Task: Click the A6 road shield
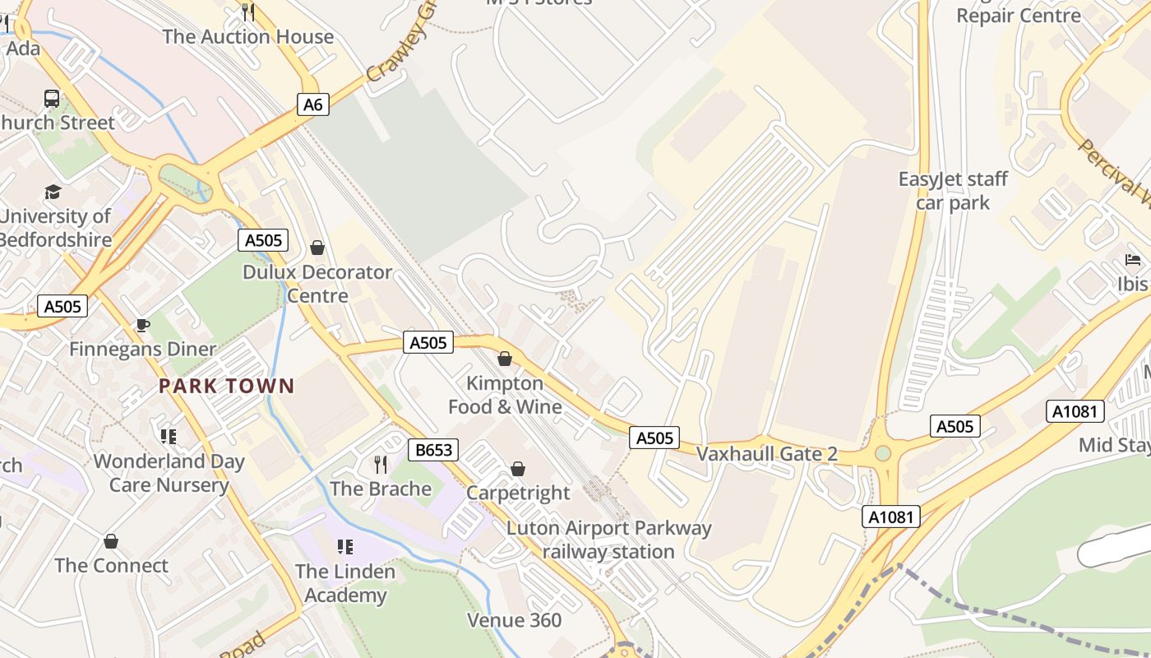[x=313, y=104]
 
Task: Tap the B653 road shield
[x=433, y=450]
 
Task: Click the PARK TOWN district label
[x=226, y=386]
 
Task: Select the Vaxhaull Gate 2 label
[x=766, y=454]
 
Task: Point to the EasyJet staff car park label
[x=953, y=191]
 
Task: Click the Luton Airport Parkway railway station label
[x=608, y=540]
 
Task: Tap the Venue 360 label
[x=515, y=620]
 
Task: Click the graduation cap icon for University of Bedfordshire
[x=53, y=192]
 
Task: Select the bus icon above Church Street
[x=52, y=99]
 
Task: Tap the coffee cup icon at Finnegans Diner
[x=142, y=326]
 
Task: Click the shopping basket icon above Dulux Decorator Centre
[x=317, y=248]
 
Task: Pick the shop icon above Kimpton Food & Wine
[x=505, y=359]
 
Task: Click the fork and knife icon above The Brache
[x=381, y=465]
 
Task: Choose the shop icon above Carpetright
[x=518, y=469]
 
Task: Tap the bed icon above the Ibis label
[x=1133, y=261]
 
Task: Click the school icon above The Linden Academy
[x=345, y=547]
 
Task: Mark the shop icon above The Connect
[x=111, y=541]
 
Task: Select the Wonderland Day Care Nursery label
[x=169, y=473]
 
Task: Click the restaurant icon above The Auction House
[x=248, y=12]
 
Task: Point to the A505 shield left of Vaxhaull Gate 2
[x=655, y=438]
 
